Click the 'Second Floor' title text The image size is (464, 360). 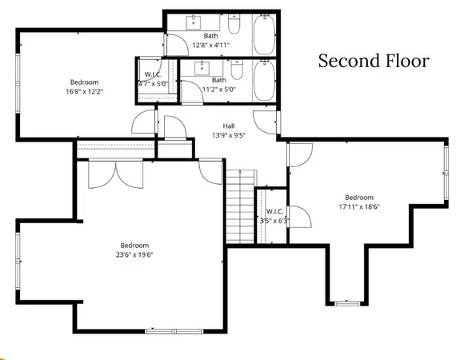(374, 61)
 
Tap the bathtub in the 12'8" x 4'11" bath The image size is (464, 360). (264, 34)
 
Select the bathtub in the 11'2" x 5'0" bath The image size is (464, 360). (264, 80)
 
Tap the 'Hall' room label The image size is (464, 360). (228, 126)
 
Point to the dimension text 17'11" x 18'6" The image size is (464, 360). (359, 206)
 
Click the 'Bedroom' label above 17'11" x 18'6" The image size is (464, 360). (359, 197)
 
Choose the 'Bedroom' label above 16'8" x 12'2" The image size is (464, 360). (84, 82)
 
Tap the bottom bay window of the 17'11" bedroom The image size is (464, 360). (346, 303)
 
